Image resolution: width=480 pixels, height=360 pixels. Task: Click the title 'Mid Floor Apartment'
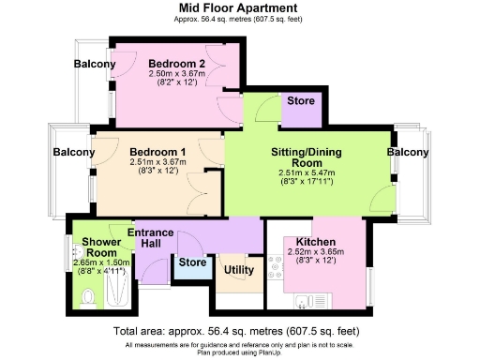[x=239, y=7]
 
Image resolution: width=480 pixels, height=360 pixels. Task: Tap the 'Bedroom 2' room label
[x=177, y=64]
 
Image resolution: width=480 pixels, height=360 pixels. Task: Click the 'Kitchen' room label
[x=316, y=241]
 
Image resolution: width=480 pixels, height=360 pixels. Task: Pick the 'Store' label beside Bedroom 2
[x=301, y=100]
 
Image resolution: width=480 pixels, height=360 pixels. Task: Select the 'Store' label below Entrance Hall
[x=192, y=262]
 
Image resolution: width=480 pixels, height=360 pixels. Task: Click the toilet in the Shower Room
[x=87, y=298]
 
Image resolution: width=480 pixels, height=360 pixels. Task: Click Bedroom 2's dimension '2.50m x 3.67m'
[x=177, y=74]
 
